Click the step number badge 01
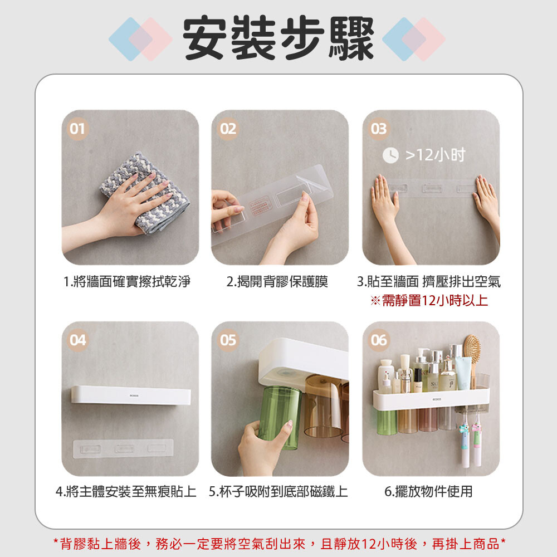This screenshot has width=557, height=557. pos(77,129)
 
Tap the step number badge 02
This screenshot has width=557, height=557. pos(228,129)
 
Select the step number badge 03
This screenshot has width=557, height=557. pos(379,129)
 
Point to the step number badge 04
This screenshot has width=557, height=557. pos(77,340)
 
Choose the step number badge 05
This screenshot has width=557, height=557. pos(228,340)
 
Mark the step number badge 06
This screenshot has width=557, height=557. pos(379,340)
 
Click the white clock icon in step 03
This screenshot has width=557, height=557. pos(390,155)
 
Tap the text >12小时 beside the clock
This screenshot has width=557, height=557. pos(435,155)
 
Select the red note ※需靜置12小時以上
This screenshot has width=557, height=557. pos(429,301)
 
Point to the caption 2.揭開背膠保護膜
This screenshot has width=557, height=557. pos(277,282)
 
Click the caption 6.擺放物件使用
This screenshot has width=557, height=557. pos(428,492)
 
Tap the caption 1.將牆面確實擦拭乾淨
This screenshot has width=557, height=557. pos(127,282)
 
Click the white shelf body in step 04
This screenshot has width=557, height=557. pos(131,395)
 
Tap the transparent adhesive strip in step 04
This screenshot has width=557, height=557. pos(123,448)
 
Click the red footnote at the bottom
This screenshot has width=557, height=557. pos(279,544)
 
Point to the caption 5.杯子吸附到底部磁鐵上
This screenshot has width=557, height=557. pos(278,492)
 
